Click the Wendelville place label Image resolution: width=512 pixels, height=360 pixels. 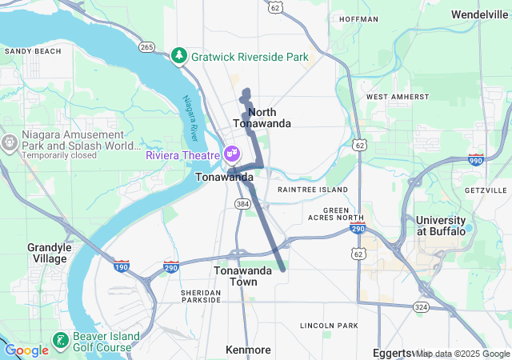(x=479, y=14)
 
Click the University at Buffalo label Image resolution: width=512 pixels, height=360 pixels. (x=440, y=226)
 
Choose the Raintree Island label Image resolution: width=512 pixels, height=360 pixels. (x=312, y=190)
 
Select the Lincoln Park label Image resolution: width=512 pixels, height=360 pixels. (x=329, y=326)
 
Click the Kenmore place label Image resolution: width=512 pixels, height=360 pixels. (x=248, y=350)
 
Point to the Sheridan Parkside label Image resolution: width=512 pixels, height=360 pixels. (x=201, y=295)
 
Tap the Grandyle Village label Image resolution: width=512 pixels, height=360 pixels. (x=50, y=253)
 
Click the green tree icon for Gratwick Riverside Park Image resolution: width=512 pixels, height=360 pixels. (x=178, y=56)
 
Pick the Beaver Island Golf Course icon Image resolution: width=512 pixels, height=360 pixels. (x=61, y=341)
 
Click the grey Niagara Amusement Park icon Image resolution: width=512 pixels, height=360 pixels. (x=10, y=142)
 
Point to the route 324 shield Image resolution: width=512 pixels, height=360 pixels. (x=421, y=307)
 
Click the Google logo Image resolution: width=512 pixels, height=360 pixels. (x=26, y=350)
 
